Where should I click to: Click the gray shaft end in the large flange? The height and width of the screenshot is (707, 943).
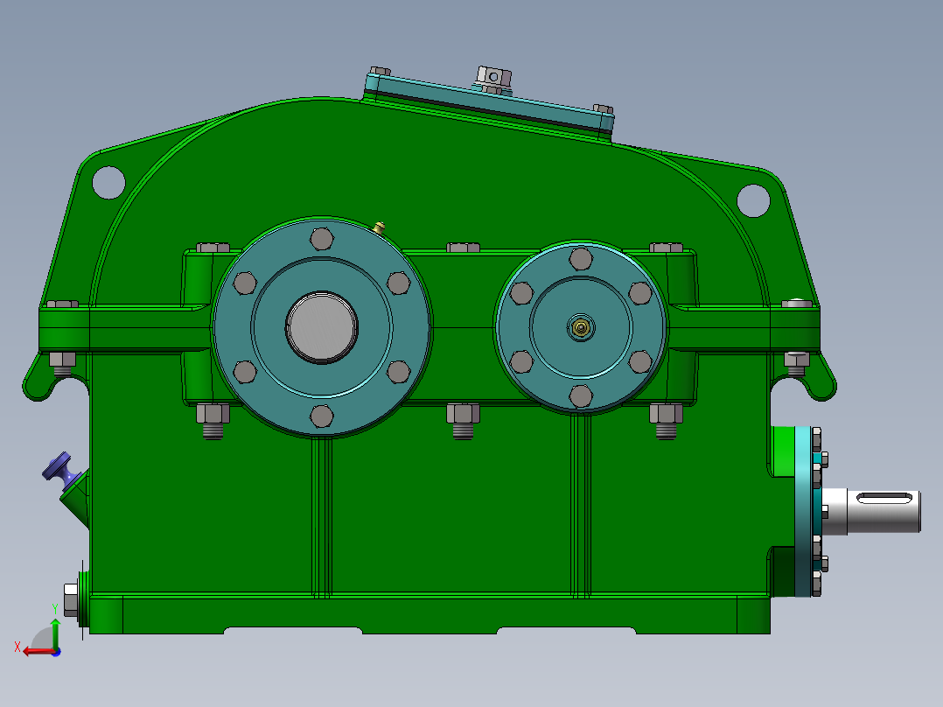pyautogui.click(x=321, y=325)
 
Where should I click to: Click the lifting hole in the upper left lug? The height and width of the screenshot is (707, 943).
pyautogui.click(x=108, y=181)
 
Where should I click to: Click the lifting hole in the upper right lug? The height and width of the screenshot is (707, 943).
pyautogui.click(x=752, y=199)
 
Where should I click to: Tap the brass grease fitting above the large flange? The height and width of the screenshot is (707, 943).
pyautogui.click(x=380, y=227)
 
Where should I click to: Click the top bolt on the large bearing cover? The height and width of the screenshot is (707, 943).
pyautogui.click(x=321, y=238)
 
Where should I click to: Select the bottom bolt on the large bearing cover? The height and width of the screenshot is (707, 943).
pyautogui.click(x=321, y=416)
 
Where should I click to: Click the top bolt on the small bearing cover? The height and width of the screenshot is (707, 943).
pyautogui.click(x=580, y=257)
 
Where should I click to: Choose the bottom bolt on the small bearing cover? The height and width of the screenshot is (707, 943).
pyautogui.click(x=580, y=396)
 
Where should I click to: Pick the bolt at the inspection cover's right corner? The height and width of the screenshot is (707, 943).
pyautogui.click(x=603, y=109)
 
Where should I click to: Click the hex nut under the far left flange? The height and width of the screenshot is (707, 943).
pyautogui.click(x=62, y=361)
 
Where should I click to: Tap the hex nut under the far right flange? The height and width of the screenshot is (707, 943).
pyautogui.click(x=796, y=361)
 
